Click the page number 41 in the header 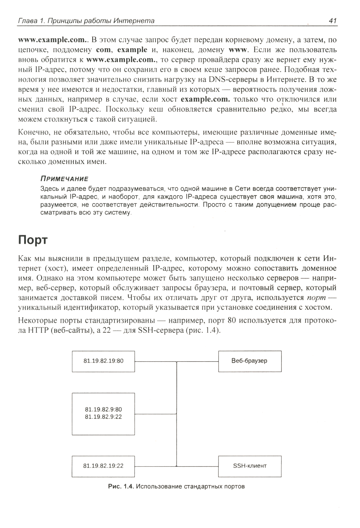click(x=333, y=21)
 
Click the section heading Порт click(x=33, y=240)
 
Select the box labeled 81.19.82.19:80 click(x=103, y=361)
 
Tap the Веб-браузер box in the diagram click(x=249, y=361)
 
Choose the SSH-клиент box click(x=249, y=466)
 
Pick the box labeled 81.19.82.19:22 click(x=103, y=466)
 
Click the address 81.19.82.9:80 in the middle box click(x=103, y=410)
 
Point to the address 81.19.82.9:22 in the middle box click(x=103, y=417)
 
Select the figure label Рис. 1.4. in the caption click(x=121, y=487)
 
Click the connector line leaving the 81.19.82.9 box click(x=156, y=413)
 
